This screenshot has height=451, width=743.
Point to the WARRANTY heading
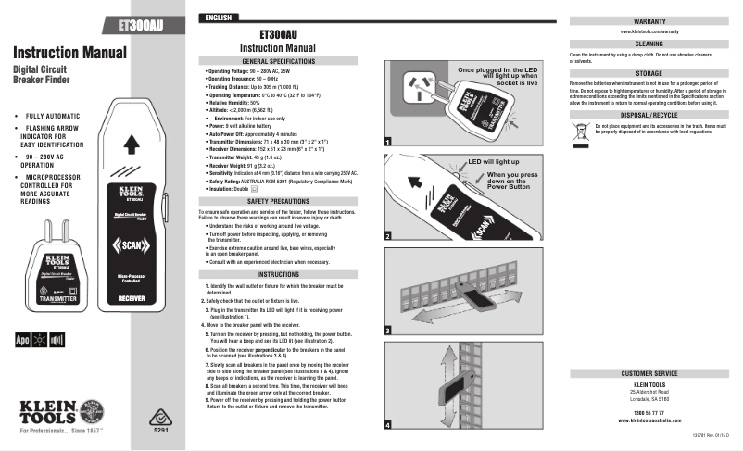[x=649, y=19]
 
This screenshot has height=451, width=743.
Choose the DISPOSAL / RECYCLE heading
[x=649, y=114]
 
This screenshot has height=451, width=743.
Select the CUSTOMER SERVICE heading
[x=649, y=373]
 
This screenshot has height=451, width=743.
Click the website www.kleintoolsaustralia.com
[x=648, y=420]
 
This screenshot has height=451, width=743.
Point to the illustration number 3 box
[x=388, y=330]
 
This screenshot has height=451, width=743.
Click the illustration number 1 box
[x=388, y=142]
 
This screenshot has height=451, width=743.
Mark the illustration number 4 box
[x=388, y=423]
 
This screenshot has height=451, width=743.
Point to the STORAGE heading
[x=649, y=71]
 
